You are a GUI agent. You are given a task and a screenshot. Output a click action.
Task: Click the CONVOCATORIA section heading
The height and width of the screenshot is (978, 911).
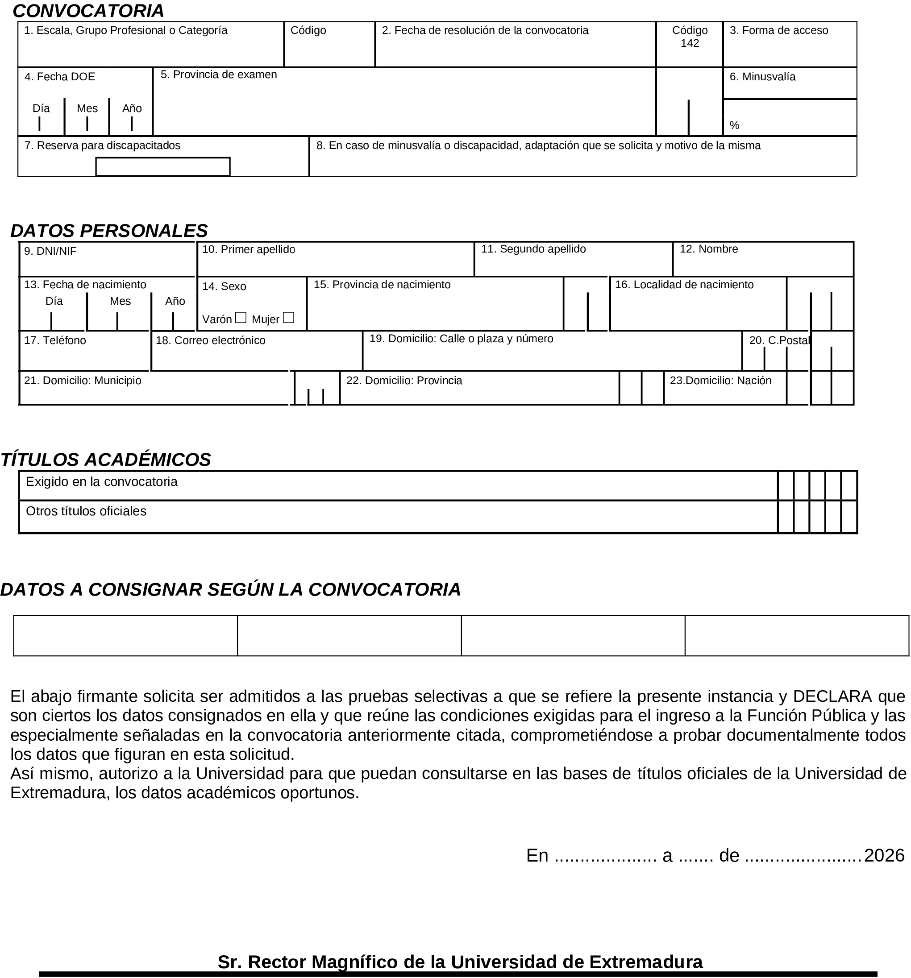point(88,11)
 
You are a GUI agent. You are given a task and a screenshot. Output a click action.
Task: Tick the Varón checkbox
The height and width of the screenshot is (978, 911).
point(240,318)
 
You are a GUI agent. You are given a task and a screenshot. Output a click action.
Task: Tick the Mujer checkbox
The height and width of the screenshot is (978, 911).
point(288,318)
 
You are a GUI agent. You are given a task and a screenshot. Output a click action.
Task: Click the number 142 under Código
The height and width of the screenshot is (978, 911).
point(689,43)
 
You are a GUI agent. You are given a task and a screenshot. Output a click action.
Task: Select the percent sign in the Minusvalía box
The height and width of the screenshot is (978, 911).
point(734,125)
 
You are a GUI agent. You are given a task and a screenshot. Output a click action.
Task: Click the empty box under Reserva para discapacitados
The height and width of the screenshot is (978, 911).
point(162,167)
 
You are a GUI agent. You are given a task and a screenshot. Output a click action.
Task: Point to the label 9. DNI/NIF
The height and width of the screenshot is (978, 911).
point(50,251)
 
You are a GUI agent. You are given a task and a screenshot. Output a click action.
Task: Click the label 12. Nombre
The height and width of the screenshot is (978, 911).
point(708,249)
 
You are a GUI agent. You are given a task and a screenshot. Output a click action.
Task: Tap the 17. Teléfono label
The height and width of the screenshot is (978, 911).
point(54,340)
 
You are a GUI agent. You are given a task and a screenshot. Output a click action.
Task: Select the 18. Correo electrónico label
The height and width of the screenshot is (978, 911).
point(210,340)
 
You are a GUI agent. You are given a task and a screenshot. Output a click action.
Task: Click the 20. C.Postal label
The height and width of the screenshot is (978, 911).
point(778,340)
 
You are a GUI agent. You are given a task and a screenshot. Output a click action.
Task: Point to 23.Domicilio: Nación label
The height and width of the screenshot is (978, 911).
point(720,381)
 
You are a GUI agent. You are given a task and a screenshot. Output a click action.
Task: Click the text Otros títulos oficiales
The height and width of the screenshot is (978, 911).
point(86,511)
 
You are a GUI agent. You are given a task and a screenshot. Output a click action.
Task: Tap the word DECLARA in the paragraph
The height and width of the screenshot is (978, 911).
point(832,696)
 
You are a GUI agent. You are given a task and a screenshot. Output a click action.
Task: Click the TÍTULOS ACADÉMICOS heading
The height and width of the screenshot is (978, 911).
point(105,460)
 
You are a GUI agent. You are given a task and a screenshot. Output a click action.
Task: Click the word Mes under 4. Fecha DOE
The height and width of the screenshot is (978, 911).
point(87,108)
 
